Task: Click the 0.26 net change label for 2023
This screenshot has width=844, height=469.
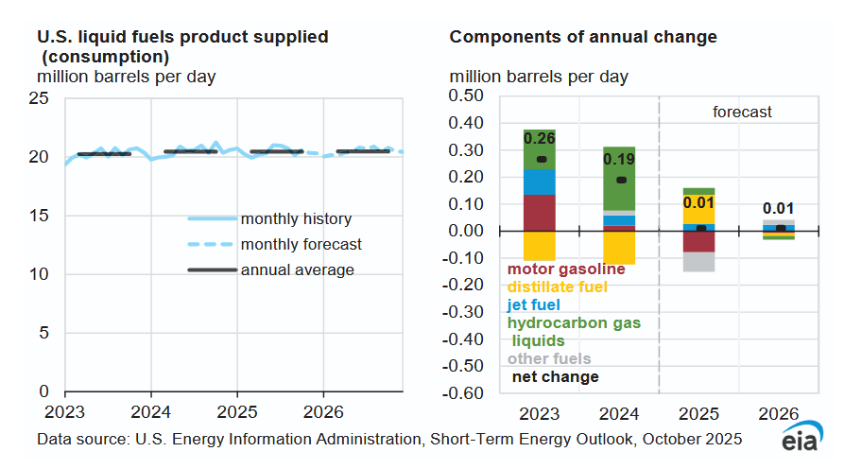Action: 540,138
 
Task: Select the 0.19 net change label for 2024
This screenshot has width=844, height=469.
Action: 619,159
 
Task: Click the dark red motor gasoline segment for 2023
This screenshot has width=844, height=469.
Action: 540,212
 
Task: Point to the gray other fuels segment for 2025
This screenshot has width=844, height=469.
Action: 698,262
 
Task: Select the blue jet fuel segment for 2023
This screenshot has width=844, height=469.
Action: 540,182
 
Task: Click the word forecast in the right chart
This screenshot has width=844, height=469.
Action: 742,112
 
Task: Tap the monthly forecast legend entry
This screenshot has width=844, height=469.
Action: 301,244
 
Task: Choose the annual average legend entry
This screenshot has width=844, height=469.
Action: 297,269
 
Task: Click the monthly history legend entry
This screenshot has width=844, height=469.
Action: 296,218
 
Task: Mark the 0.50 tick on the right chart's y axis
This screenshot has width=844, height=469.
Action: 465,96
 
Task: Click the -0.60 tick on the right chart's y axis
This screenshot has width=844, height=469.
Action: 463,393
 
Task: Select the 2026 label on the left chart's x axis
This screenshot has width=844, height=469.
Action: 323,412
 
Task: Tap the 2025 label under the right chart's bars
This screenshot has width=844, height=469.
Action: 698,415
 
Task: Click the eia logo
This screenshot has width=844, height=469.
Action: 801,442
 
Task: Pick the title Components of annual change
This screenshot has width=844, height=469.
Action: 583,37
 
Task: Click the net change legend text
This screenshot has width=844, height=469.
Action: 555,376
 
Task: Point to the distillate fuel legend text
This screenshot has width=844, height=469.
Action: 557,287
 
